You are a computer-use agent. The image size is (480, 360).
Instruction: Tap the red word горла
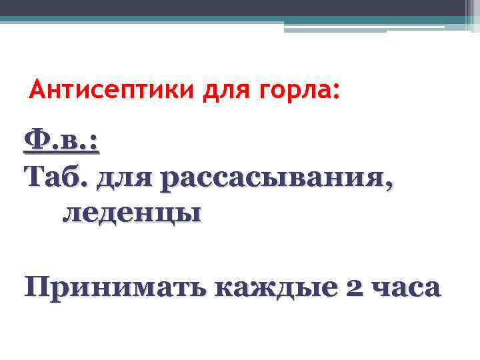coord(298,89)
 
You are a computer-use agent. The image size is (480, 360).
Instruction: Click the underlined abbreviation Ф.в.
coord(61,141)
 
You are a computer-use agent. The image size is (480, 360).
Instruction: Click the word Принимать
coord(114,288)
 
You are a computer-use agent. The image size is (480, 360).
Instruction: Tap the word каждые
coord(275,288)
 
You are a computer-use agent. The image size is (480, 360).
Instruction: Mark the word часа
coord(407,288)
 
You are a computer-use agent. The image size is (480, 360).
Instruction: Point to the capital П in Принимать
coord(36,287)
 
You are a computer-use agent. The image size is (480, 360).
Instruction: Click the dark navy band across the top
coord(233,7)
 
